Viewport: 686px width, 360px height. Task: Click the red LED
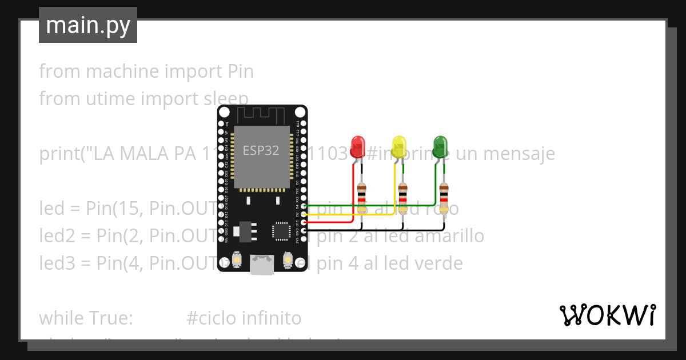pos(358,147)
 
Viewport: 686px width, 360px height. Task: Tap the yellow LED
pos(399,147)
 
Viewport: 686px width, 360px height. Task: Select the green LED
pos(440,147)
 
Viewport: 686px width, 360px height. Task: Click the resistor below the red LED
pos(361,197)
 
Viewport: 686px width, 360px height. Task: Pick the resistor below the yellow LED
pos(403,197)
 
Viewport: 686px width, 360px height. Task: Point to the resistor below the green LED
pos(444,197)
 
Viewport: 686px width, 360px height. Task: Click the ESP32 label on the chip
pos(261,150)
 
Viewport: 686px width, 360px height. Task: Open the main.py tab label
pos(87,25)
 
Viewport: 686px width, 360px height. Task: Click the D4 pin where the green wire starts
pos(304,205)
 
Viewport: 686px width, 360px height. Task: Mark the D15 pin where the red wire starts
pos(304,222)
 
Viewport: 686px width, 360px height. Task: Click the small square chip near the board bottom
pos(282,230)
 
